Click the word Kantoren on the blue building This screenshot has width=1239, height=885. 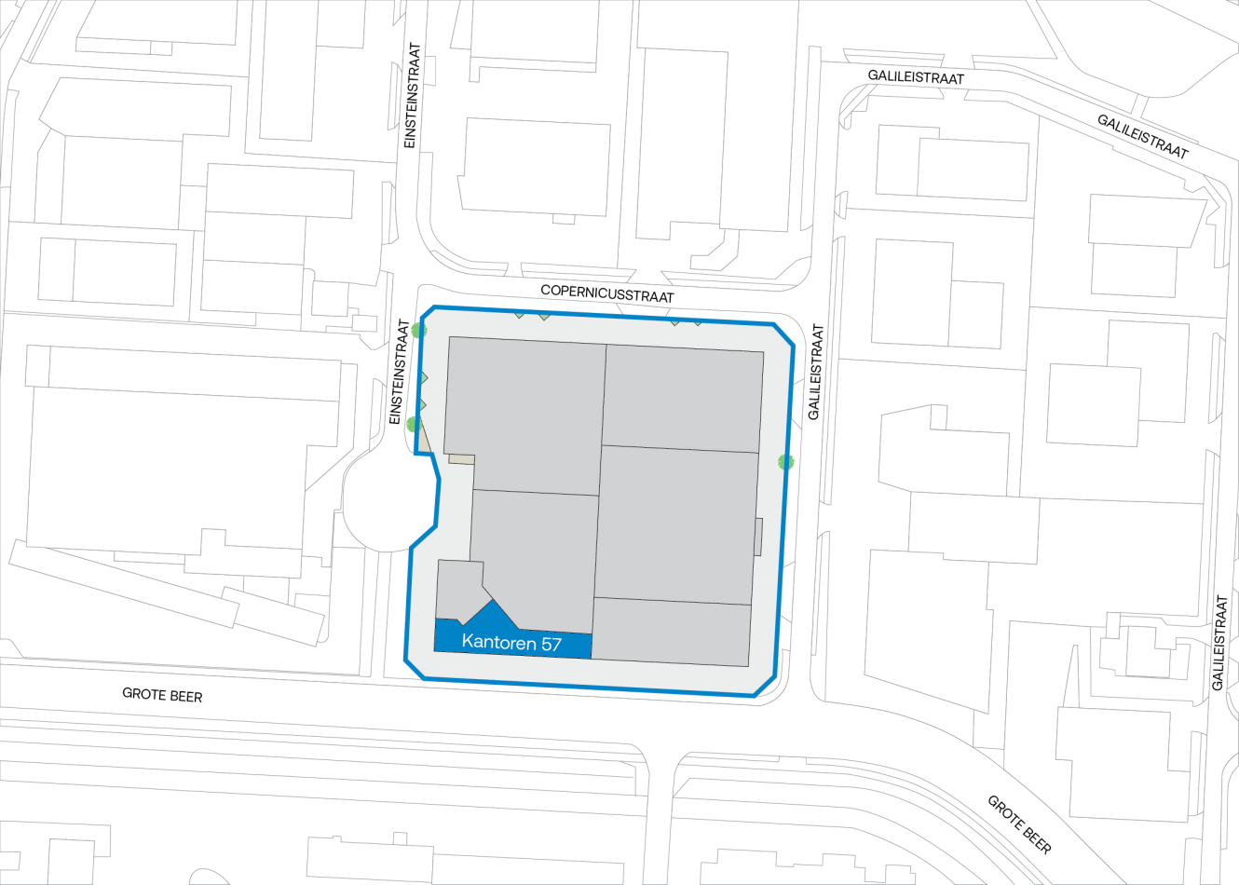point(498,643)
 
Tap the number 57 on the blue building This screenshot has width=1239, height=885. point(551,643)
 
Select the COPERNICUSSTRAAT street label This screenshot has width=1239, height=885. point(606,293)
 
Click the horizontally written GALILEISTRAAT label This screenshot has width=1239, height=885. point(916,77)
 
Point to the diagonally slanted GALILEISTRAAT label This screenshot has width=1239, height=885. point(1142,136)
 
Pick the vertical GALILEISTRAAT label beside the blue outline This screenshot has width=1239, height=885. point(815,372)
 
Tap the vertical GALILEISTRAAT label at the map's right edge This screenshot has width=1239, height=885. point(1220,642)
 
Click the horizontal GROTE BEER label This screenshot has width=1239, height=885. point(162,695)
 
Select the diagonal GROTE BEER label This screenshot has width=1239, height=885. point(1019,824)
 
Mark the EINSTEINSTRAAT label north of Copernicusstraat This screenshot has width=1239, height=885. point(413,95)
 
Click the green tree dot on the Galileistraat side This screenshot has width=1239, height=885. point(785,461)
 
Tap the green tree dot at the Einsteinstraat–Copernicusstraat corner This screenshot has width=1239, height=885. point(418,330)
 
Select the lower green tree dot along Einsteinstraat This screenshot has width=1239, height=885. point(414,425)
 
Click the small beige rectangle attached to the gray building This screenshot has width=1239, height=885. point(461,458)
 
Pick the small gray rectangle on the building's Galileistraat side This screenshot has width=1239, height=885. point(758,537)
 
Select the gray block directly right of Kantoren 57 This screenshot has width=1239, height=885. point(671,632)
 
